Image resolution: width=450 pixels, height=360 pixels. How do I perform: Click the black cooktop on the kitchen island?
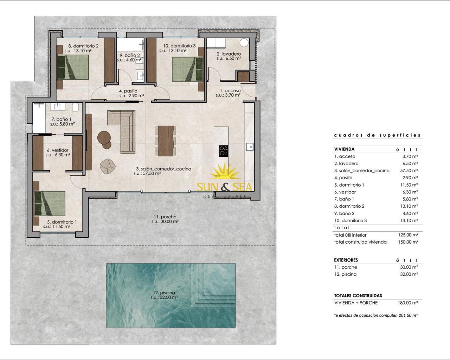[224, 151]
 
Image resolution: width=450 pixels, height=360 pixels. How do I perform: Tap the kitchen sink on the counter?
[250, 147]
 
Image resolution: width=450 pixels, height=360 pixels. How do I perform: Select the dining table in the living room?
[166, 141]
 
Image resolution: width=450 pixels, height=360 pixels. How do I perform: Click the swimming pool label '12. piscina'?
[164, 292]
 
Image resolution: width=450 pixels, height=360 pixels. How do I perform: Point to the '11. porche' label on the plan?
[165, 217]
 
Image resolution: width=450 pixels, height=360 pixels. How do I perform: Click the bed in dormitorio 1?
[50, 203]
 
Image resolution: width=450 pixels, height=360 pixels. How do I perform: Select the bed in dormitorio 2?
[73, 67]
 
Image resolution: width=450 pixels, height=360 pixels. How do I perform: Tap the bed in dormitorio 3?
[188, 69]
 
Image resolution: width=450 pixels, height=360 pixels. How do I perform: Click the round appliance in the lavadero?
[244, 43]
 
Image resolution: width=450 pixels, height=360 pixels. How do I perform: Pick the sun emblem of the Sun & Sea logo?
[225, 172]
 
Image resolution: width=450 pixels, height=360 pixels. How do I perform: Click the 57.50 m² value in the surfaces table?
[409, 171]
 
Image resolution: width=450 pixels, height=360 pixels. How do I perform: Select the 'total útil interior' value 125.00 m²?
[408, 235]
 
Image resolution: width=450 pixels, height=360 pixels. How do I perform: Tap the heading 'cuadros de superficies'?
[377, 135]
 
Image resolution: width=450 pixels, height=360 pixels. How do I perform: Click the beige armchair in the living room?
[108, 166]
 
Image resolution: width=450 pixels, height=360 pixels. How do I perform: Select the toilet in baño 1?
[75, 107]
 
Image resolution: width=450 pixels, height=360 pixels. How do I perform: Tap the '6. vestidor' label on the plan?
[58, 150]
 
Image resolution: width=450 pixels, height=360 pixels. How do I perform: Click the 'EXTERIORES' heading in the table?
[346, 260]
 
